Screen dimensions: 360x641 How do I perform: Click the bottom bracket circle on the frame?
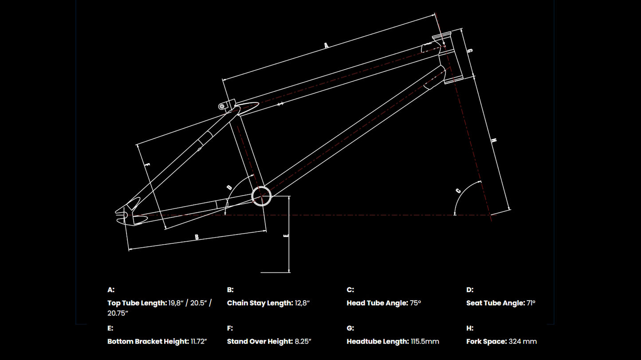click(x=261, y=196)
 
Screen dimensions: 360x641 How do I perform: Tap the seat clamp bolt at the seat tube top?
click(x=222, y=106)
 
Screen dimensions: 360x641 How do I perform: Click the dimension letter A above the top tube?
click(x=326, y=45)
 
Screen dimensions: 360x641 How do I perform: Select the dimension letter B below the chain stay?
click(x=197, y=237)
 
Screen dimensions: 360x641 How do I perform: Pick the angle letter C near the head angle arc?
click(x=458, y=191)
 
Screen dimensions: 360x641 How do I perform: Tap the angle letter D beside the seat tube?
click(x=229, y=187)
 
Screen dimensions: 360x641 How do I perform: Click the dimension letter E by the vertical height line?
click(x=286, y=235)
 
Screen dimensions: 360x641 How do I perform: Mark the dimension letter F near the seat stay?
click(x=148, y=164)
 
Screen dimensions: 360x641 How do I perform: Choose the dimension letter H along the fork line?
click(x=494, y=141)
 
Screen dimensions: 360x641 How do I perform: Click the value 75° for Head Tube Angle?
click(x=415, y=303)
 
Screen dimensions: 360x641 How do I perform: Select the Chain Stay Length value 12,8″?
click(x=302, y=303)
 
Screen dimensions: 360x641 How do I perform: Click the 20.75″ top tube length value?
click(x=118, y=313)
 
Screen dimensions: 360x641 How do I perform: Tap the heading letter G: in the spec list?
click(x=350, y=329)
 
